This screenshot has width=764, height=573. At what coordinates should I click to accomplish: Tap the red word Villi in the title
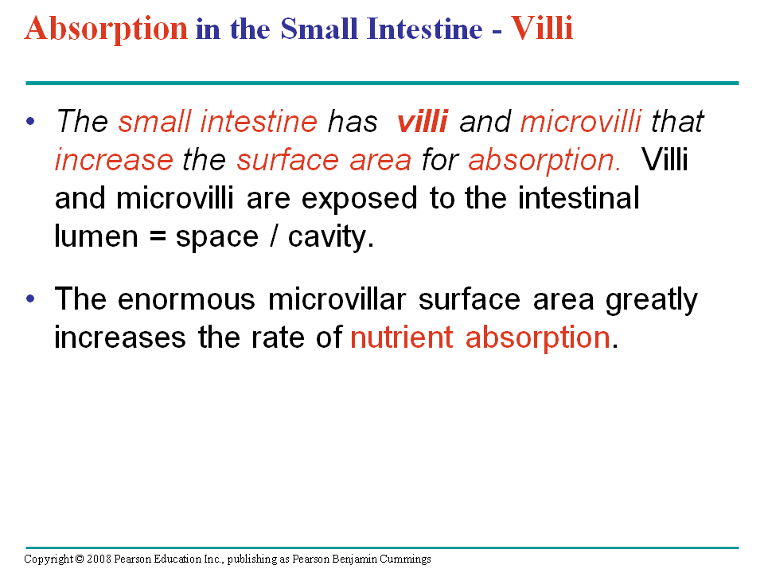click(542, 29)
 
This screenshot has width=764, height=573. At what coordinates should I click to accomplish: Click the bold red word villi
click(423, 121)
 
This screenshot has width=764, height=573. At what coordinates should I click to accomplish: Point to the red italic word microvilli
click(581, 121)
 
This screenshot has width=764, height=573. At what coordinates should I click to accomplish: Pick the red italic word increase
click(114, 160)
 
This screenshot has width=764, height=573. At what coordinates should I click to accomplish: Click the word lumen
click(96, 236)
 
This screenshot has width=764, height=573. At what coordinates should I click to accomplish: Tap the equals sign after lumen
click(157, 238)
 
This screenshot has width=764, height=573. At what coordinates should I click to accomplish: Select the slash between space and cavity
click(273, 236)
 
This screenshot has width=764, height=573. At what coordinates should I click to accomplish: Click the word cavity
click(331, 238)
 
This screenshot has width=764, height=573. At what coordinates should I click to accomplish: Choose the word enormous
click(186, 299)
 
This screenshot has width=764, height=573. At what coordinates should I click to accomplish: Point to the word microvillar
click(337, 298)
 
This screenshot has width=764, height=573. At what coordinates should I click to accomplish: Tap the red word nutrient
click(401, 337)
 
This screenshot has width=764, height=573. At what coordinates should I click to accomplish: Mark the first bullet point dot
click(31, 121)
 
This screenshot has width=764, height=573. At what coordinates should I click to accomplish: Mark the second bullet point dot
click(31, 298)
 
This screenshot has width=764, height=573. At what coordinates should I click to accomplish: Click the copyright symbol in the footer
click(80, 559)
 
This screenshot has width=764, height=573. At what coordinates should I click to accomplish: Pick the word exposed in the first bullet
click(359, 199)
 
